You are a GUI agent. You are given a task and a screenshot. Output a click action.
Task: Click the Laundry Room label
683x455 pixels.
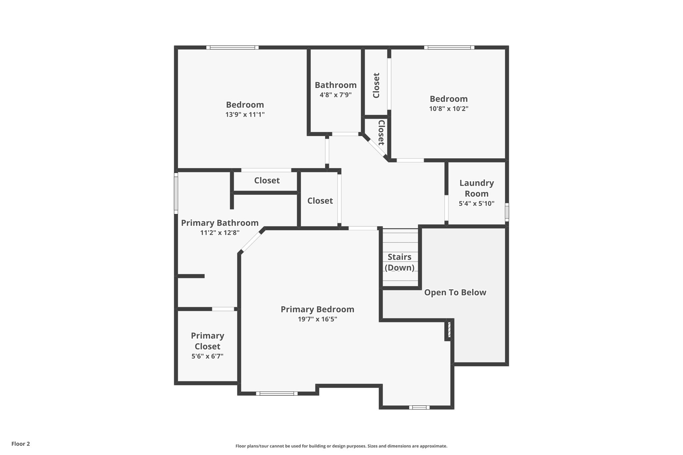[476, 188]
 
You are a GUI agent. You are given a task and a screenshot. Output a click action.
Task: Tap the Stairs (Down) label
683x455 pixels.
[400, 262]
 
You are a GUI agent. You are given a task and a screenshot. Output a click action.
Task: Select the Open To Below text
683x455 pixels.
[455, 292]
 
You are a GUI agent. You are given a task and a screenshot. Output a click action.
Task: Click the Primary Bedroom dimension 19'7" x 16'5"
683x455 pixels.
[317, 319]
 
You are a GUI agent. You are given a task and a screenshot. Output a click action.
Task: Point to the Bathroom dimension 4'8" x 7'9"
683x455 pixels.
[335, 95]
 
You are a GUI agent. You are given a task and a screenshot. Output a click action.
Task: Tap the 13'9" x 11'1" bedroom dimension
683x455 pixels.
[245, 115]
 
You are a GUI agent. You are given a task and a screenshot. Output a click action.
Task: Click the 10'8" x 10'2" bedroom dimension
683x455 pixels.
[449, 109]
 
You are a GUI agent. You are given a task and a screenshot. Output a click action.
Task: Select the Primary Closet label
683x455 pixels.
[207, 341]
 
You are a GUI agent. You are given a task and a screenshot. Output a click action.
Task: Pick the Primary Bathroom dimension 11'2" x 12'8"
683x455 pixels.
[220, 233]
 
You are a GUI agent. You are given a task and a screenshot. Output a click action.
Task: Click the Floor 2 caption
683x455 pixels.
[21, 444]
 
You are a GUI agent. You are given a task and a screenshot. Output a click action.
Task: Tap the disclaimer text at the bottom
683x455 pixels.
[341, 446]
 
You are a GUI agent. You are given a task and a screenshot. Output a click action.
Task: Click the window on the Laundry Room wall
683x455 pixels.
[507, 212]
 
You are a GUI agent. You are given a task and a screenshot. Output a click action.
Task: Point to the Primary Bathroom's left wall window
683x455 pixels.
[176, 193]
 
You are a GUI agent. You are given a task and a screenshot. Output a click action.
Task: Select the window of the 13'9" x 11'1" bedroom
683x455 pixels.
[232, 48]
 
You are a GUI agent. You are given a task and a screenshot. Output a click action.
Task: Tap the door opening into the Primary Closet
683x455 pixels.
[223, 309]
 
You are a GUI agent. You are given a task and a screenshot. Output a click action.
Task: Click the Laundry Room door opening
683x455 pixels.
[446, 208]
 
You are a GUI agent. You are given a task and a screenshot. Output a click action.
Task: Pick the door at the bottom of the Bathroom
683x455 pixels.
[345, 134]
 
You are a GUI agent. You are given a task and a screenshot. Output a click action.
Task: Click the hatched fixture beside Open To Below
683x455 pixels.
[449, 329]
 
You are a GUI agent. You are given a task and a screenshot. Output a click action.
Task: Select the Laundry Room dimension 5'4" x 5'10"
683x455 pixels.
[476, 204]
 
